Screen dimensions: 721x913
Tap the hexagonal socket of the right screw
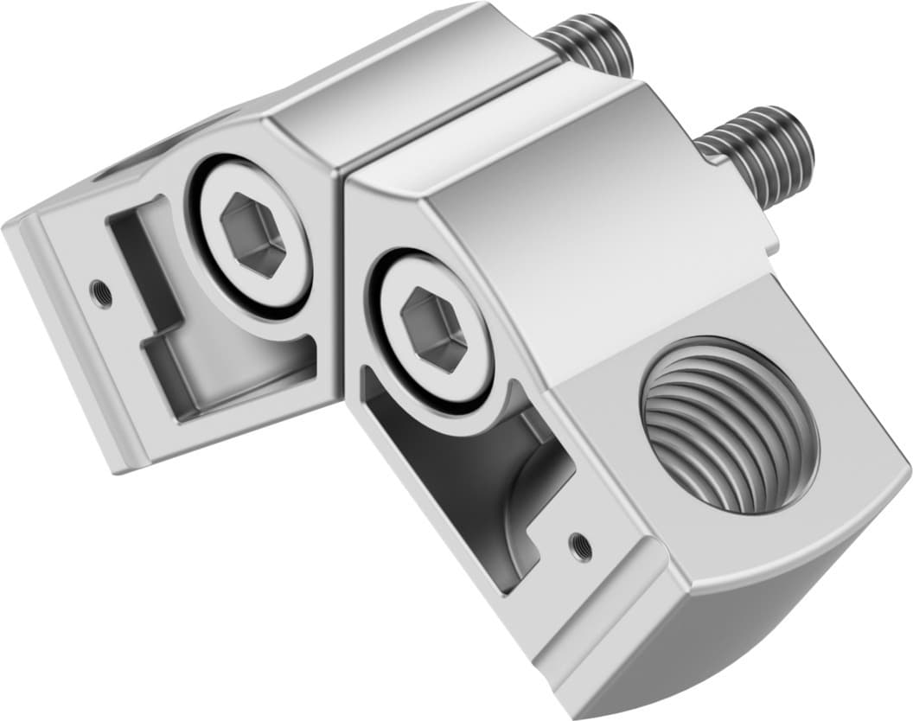pos(434,329)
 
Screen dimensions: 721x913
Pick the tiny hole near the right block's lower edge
pos(580,544)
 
